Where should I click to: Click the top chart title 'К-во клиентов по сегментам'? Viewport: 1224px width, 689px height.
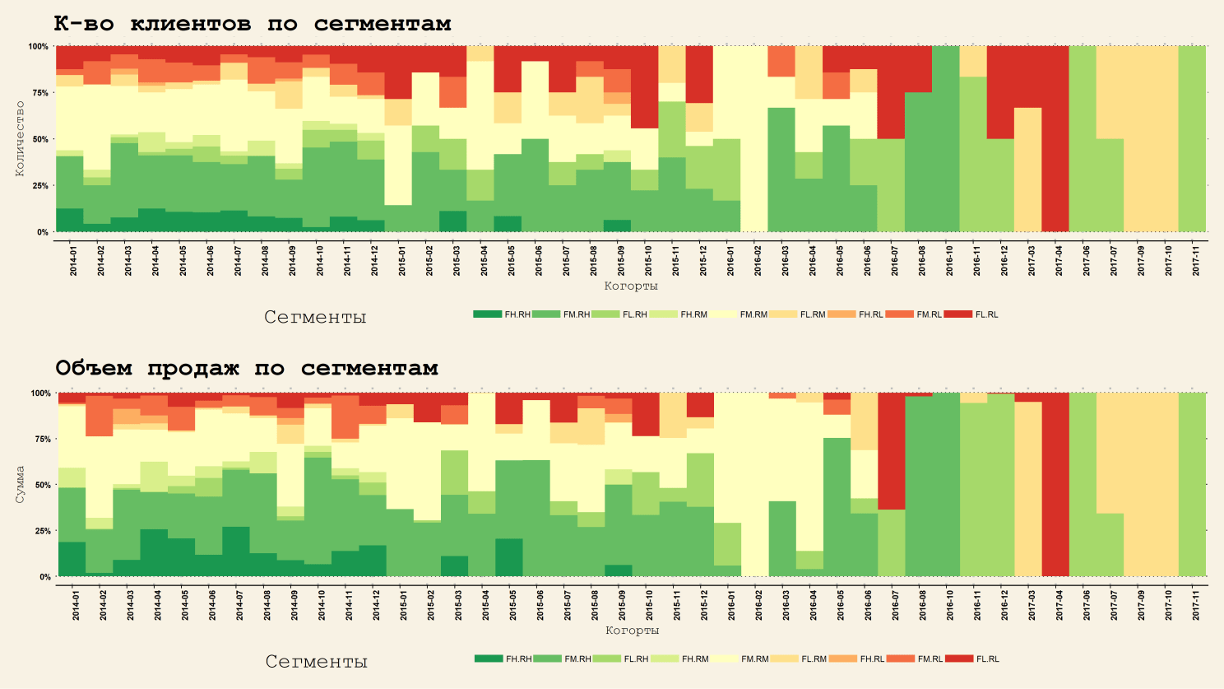(x=253, y=24)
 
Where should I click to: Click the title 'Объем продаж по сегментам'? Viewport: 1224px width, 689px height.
(x=246, y=368)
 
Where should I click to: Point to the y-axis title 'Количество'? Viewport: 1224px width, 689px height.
(x=20, y=138)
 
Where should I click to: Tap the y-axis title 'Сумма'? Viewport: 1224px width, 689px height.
(x=20, y=484)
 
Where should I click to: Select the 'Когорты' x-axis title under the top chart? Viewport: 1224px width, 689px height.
(x=631, y=286)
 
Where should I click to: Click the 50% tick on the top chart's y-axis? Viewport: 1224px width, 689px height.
(x=39, y=139)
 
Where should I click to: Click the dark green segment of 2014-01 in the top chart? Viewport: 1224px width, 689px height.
(x=70, y=221)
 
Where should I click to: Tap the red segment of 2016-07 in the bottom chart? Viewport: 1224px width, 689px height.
(x=892, y=451)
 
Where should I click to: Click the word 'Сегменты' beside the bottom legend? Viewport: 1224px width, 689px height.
(x=316, y=662)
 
